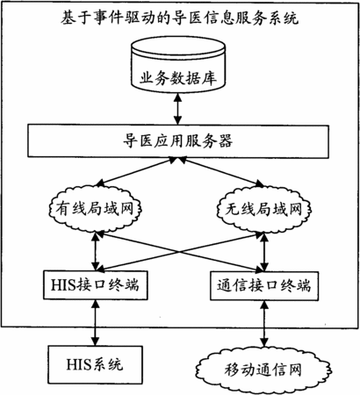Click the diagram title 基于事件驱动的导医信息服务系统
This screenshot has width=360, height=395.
click(179, 18)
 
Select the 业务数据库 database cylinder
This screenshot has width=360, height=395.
click(178, 64)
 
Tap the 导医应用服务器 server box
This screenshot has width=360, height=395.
click(178, 141)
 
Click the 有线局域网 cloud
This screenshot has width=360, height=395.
click(95, 209)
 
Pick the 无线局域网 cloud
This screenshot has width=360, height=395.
click(263, 209)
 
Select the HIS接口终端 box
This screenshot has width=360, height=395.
click(96, 285)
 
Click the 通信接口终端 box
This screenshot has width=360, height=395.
click(264, 285)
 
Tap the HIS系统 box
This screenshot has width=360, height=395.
click(96, 365)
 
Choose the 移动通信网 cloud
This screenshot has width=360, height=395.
click(263, 370)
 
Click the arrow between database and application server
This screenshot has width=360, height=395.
click(177, 109)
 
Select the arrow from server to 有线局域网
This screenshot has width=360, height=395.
click(137, 171)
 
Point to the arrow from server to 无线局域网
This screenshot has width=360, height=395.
click(221, 171)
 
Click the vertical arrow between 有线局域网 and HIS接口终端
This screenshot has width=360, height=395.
click(96, 252)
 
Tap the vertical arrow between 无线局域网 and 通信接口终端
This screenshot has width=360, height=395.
click(264, 252)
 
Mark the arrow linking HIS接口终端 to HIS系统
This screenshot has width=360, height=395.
click(95, 323)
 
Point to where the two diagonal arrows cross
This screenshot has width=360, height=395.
click(178, 252)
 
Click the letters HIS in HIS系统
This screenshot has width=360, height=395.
click(77, 364)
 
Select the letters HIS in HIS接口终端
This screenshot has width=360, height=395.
click(62, 284)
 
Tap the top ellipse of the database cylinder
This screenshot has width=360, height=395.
click(178, 47)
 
